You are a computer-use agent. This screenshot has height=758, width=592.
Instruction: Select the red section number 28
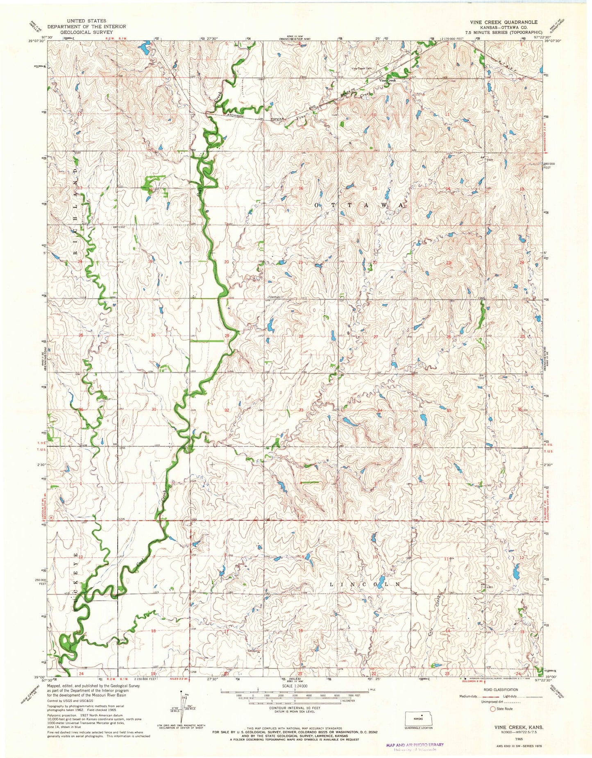(x=301, y=336)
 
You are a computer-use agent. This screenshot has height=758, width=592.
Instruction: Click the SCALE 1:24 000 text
(x=295, y=685)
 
